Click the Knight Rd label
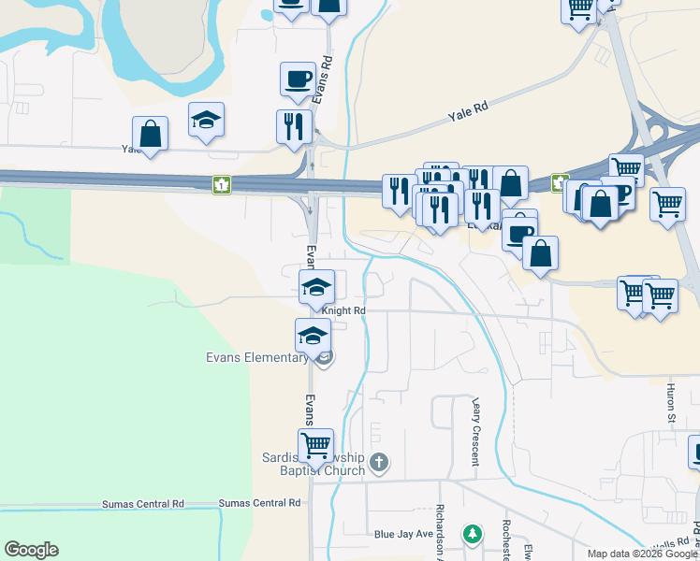pos(343,310)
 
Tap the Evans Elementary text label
pos(256,357)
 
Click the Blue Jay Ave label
pos(403,535)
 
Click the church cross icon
pos(378,461)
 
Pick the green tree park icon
pos(474,535)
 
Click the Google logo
pos(31,550)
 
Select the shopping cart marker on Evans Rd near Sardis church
pos(316,444)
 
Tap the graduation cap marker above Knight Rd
pos(316,286)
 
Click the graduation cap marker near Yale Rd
pos(206,120)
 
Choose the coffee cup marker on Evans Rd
pos(298,79)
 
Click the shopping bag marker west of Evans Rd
pos(150,134)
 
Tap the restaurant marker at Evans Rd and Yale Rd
pos(294,126)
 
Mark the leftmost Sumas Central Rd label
pos(144,504)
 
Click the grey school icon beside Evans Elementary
pos(324,359)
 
